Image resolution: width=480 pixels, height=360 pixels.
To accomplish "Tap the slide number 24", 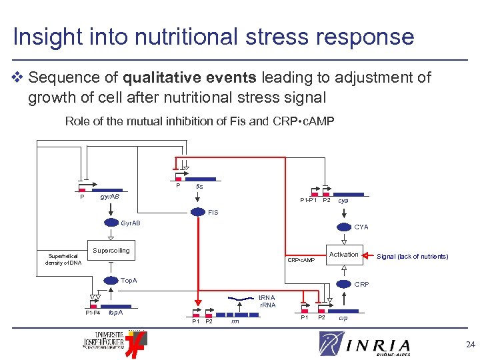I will [x=471, y=345].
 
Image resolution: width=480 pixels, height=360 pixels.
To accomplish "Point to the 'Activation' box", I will [x=344, y=254].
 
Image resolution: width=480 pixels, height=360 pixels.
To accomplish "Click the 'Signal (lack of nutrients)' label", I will [x=413, y=257].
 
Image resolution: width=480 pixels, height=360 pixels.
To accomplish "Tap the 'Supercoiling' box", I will [x=111, y=251].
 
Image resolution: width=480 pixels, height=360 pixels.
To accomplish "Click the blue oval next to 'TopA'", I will [x=111, y=281].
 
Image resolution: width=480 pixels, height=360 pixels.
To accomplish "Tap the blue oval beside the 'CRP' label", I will [x=345, y=285].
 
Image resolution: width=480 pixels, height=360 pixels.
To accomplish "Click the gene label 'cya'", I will [x=343, y=200].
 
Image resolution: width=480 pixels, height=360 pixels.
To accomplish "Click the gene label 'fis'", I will [x=199, y=187].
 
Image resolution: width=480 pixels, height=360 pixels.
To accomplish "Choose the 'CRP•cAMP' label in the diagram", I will [x=301, y=260].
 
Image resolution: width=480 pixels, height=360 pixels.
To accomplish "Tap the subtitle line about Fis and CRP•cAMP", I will [x=199, y=121].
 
